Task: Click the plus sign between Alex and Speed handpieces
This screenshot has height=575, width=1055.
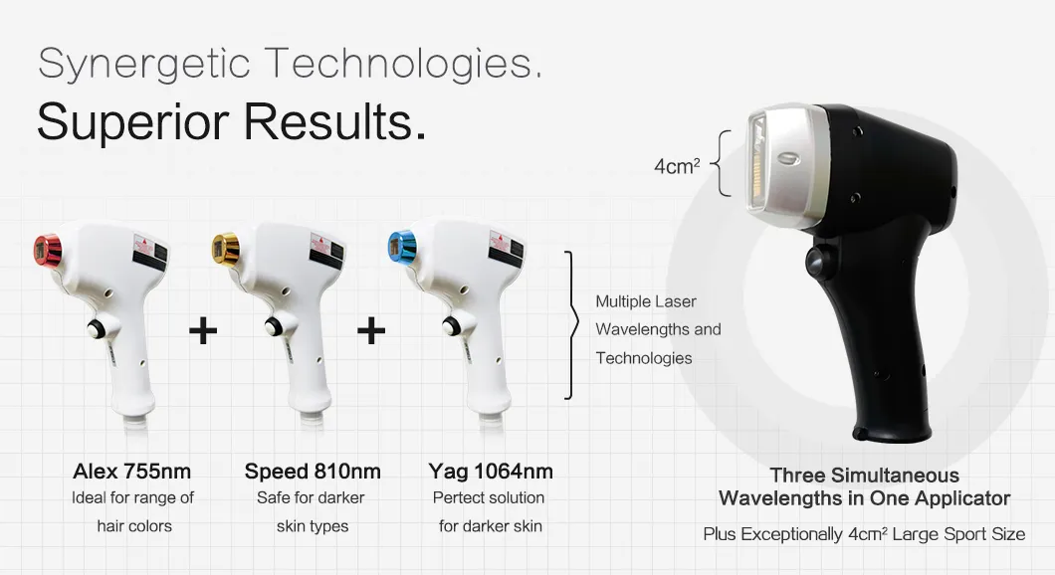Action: (203, 331)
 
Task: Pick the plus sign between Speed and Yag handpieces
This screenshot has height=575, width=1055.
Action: (371, 331)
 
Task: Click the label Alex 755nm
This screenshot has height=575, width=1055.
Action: (131, 471)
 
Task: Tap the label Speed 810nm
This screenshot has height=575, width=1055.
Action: (313, 471)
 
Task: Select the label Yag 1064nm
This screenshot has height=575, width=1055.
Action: (491, 471)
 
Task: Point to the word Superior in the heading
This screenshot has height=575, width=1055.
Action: (132, 122)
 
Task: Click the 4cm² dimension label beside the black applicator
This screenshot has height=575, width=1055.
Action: (679, 166)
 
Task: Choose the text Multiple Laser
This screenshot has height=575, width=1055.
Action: (646, 301)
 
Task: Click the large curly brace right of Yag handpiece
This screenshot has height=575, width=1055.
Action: (570, 325)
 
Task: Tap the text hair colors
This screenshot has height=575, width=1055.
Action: (134, 525)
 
